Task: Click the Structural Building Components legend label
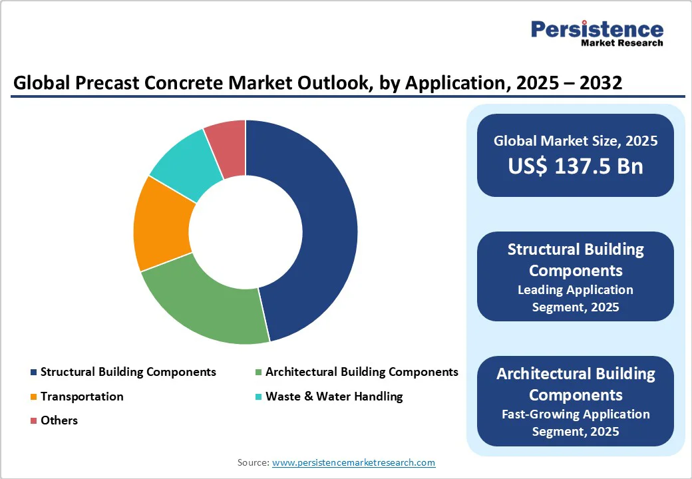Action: [128, 372]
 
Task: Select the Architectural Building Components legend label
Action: [361, 372]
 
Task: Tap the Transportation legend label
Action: [82, 397]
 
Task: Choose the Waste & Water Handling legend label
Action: [334, 397]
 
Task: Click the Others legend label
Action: [59, 420]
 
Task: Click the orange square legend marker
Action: [33, 397]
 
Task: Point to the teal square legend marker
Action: [258, 397]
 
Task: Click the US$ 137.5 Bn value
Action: [576, 166]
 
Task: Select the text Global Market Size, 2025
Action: [576, 140]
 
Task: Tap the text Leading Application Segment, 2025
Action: [576, 298]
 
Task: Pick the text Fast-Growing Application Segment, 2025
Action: [576, 422]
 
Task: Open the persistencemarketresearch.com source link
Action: [353, 462]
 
